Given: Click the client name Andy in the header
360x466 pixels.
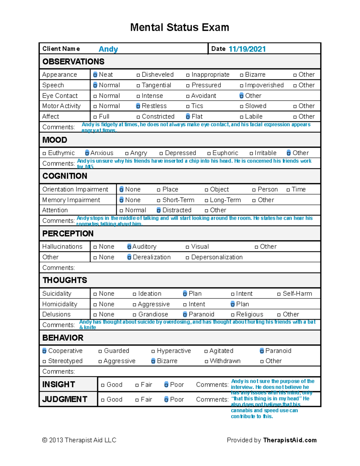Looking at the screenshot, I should (108, 49).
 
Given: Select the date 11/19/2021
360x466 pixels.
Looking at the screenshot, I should (247, 49).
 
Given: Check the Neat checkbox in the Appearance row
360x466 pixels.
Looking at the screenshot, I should (95, 75).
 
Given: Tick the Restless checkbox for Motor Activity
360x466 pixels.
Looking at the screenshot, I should (138, 106).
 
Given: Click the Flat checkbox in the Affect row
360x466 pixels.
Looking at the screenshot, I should (188, 116).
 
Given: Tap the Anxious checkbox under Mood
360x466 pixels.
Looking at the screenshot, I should (87, 153).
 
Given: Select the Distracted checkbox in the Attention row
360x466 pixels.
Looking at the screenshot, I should (159, 210).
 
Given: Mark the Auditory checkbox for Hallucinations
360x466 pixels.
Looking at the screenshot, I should (129, 247).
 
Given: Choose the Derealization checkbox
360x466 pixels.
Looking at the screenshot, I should (129, 257).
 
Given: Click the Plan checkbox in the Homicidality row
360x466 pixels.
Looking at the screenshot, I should (232, 304).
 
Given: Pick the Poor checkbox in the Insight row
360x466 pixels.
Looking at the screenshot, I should (166, 385).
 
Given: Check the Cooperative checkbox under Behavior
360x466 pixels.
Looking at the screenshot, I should (44, 351).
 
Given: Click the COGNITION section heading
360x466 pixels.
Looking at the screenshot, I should (65, 176).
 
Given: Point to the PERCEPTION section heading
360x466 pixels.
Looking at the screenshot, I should (68, 234).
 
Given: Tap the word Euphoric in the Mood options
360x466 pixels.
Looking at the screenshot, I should (225, 153).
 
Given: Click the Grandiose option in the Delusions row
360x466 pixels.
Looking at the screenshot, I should (153, 314).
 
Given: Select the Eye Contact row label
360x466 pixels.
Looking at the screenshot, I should (60, 96).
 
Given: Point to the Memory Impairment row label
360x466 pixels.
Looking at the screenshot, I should (71, 200).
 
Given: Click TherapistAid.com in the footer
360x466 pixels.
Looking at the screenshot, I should (290, 440).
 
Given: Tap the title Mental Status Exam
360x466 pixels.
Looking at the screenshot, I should (180, 27).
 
